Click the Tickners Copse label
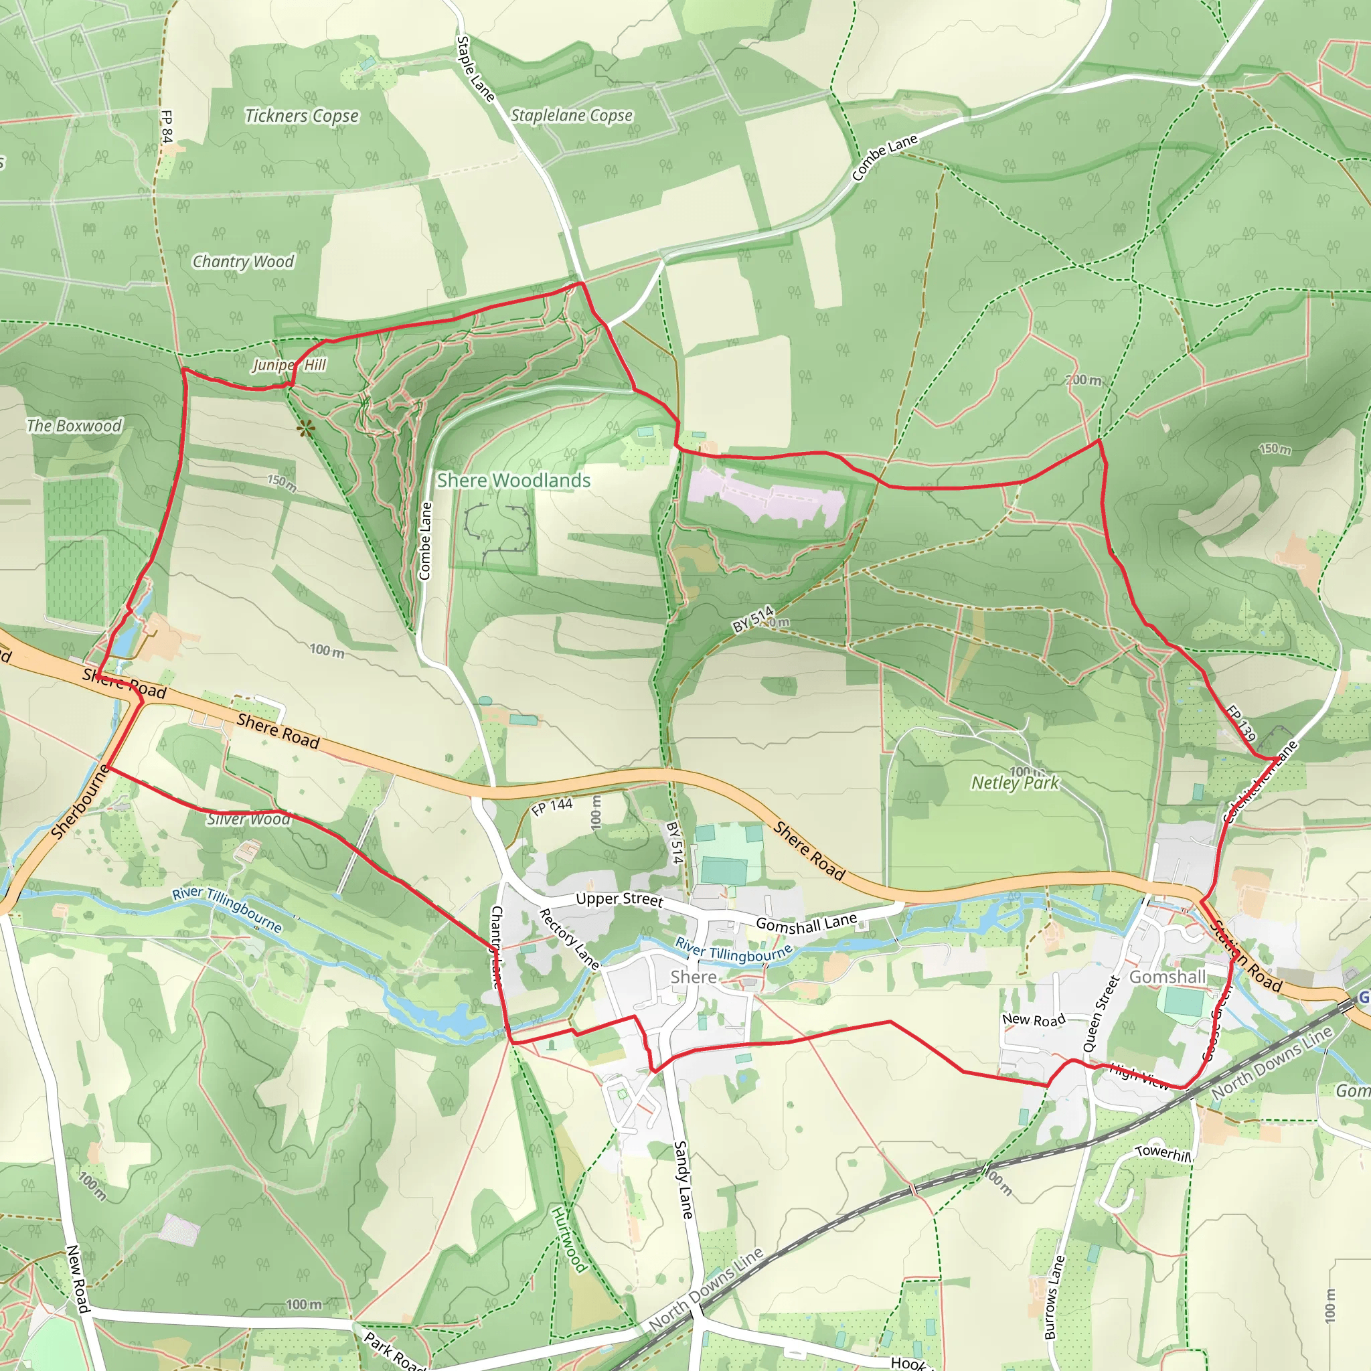tap(302, 116)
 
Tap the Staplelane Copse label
tap(571, 115)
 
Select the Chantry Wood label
tap(244, 262)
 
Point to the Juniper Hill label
tap(289, 365)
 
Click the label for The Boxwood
tap(74, 426)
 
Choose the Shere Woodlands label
tap(513, 481)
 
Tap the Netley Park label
tap(1015, 783)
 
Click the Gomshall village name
tap(1167, 977)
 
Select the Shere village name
tap(694, 977)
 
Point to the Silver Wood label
tap(248, 819)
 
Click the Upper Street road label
tap(619, 899)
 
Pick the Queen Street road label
tap(1101, 1014)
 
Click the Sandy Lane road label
tap(683, 1180)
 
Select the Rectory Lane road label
tap(569, 938)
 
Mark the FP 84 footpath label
tap(167, 127)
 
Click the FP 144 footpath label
tap(553, 806)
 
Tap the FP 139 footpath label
tap(1241, 722)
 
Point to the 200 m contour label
tap(1084, 380)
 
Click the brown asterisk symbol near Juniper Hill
tap(305, 428)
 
